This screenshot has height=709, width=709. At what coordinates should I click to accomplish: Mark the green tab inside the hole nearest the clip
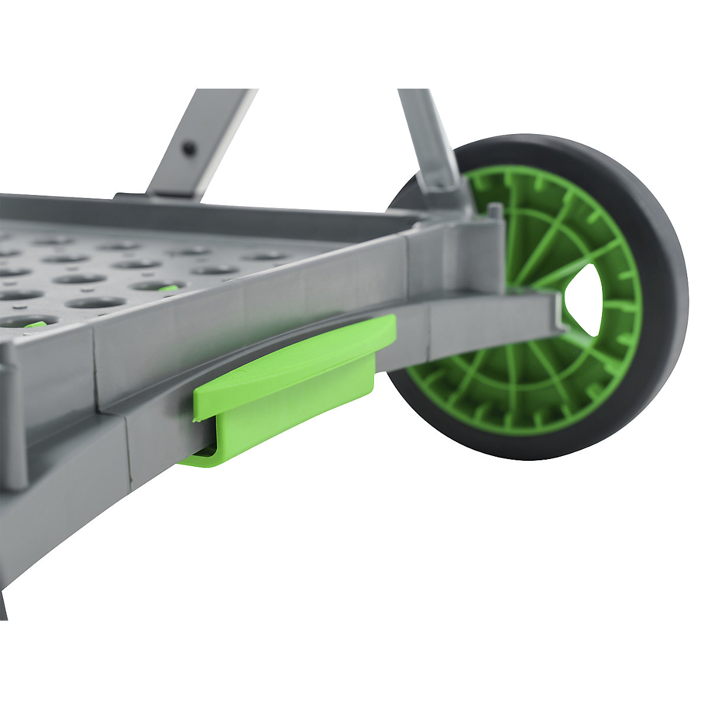coord(168,288)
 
